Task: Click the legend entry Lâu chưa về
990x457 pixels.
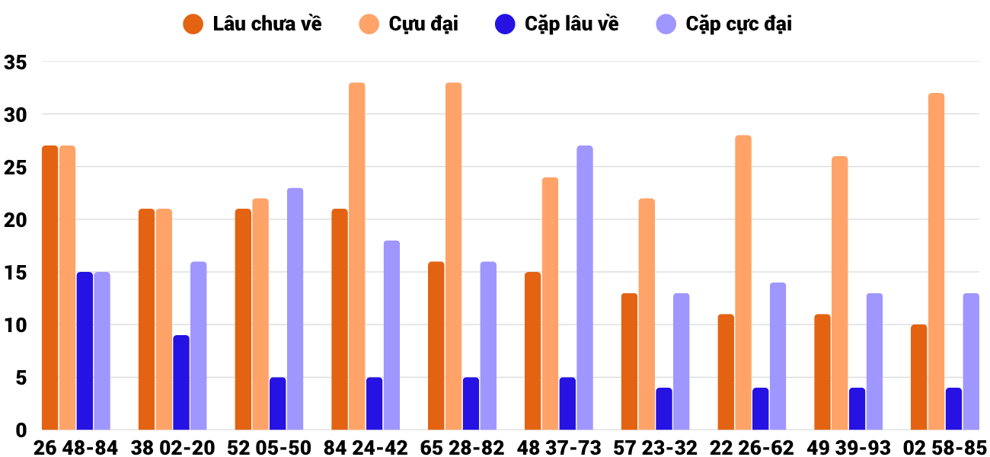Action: (x=252, y=24)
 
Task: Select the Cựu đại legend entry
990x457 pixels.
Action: (x=409, y=24)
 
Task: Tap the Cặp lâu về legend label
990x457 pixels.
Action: (x=557, y=24)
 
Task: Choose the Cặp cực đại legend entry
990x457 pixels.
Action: (x=724, y=24)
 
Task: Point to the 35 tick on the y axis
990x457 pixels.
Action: (x=15, y=62)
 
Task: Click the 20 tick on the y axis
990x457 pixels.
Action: (x=15, y=220)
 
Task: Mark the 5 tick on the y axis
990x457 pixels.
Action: (x=21, y=378)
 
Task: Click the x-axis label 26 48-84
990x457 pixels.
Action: (x=75, y=448)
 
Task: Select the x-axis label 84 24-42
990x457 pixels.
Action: (x=366, y=448)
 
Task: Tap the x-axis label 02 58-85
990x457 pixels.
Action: (x=945, y=448)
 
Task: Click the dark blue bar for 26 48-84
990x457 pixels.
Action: (x=85, y=351)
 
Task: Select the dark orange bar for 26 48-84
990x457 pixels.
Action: (x=50, y=288)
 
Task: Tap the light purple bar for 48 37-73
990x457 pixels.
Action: (x=585, y=288)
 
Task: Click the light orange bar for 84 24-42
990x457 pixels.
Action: (x=357, y=257)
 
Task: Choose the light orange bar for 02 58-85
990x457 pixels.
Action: (x=936, y=262)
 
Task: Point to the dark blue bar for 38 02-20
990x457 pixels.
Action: (x=181, y=383)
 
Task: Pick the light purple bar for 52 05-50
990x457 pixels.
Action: (x=295, y=309)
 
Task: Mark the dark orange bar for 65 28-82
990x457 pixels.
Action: (x=436, y=346)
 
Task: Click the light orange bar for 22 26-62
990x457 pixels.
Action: (x=743, y=283)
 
